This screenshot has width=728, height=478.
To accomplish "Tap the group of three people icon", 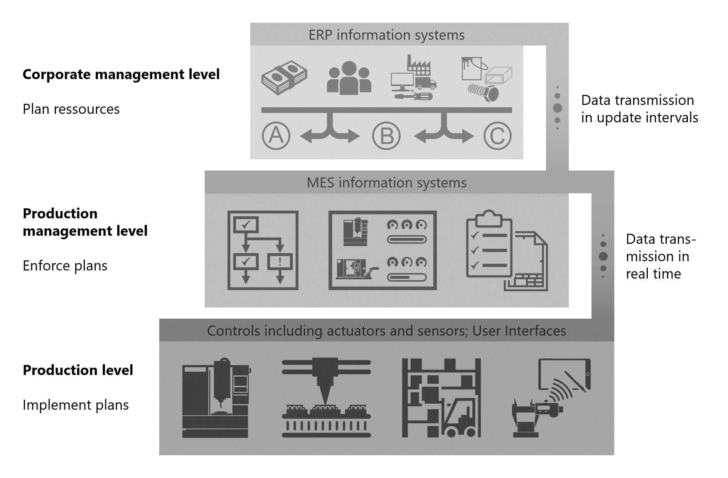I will [x=349, y=78].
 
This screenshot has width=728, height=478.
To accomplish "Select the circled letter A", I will [x=276, y=136].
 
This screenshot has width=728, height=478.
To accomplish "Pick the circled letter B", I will [x=386, y=136].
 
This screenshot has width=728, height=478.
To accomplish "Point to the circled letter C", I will [x=497, y=136].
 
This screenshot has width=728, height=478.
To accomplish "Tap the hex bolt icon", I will [x=484, y=93].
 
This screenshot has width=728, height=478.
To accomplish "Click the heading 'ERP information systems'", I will [x=386, y=35].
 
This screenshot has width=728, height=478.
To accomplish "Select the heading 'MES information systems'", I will [x=386, y=182].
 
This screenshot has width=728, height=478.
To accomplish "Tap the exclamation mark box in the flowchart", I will [x=280, y=262].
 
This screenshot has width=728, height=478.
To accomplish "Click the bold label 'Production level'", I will [x=78, y=370].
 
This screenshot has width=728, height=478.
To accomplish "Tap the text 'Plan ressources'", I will [x=71, y=109].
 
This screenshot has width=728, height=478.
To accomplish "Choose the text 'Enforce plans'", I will [x=65, y=266].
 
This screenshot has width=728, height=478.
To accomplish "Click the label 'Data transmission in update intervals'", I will [x=639, y=109].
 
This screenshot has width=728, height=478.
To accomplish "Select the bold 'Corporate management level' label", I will [x=121, y=74].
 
